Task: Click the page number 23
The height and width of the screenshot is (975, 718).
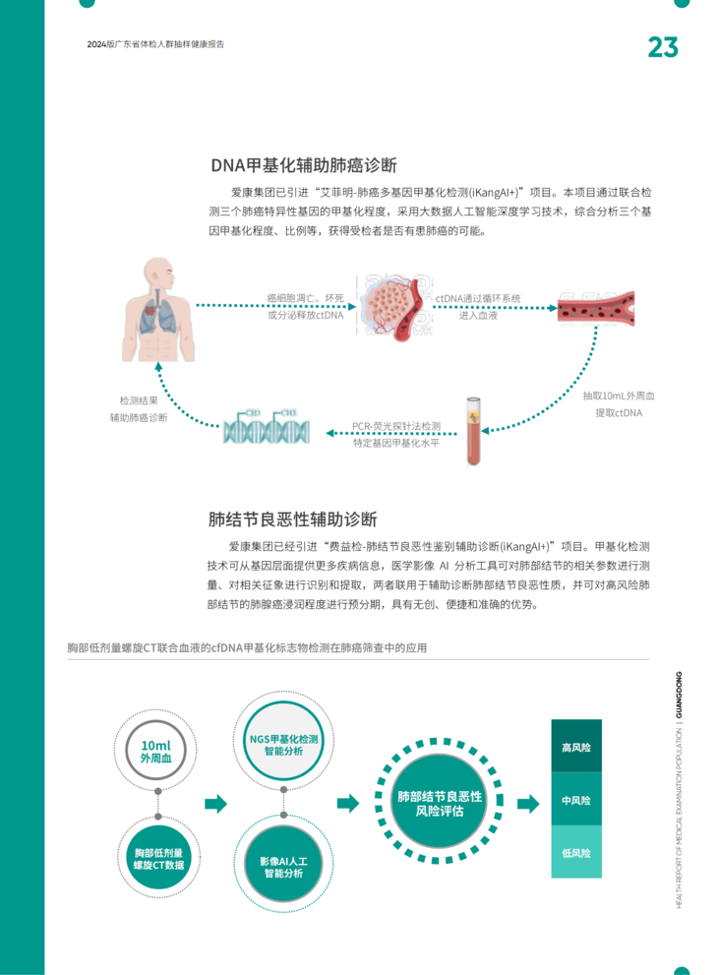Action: click(x=662, y=47)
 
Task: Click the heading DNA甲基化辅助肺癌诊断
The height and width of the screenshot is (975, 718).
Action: click(x=303, y=164)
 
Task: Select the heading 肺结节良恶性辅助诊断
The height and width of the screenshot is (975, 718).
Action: click(x=293, y=518)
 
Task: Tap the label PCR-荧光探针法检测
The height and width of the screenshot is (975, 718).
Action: click(x=396, y=426)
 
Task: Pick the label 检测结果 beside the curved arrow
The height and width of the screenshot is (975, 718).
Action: click(x=138, y=400)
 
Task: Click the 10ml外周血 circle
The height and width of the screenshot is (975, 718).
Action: click(x=157, y=751)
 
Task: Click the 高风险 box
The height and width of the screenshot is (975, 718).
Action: click(x=576, y=748)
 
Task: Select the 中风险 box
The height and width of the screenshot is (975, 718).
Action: click(x=576, y=801)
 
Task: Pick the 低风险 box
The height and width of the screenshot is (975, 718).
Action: click(x=576, y=852)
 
